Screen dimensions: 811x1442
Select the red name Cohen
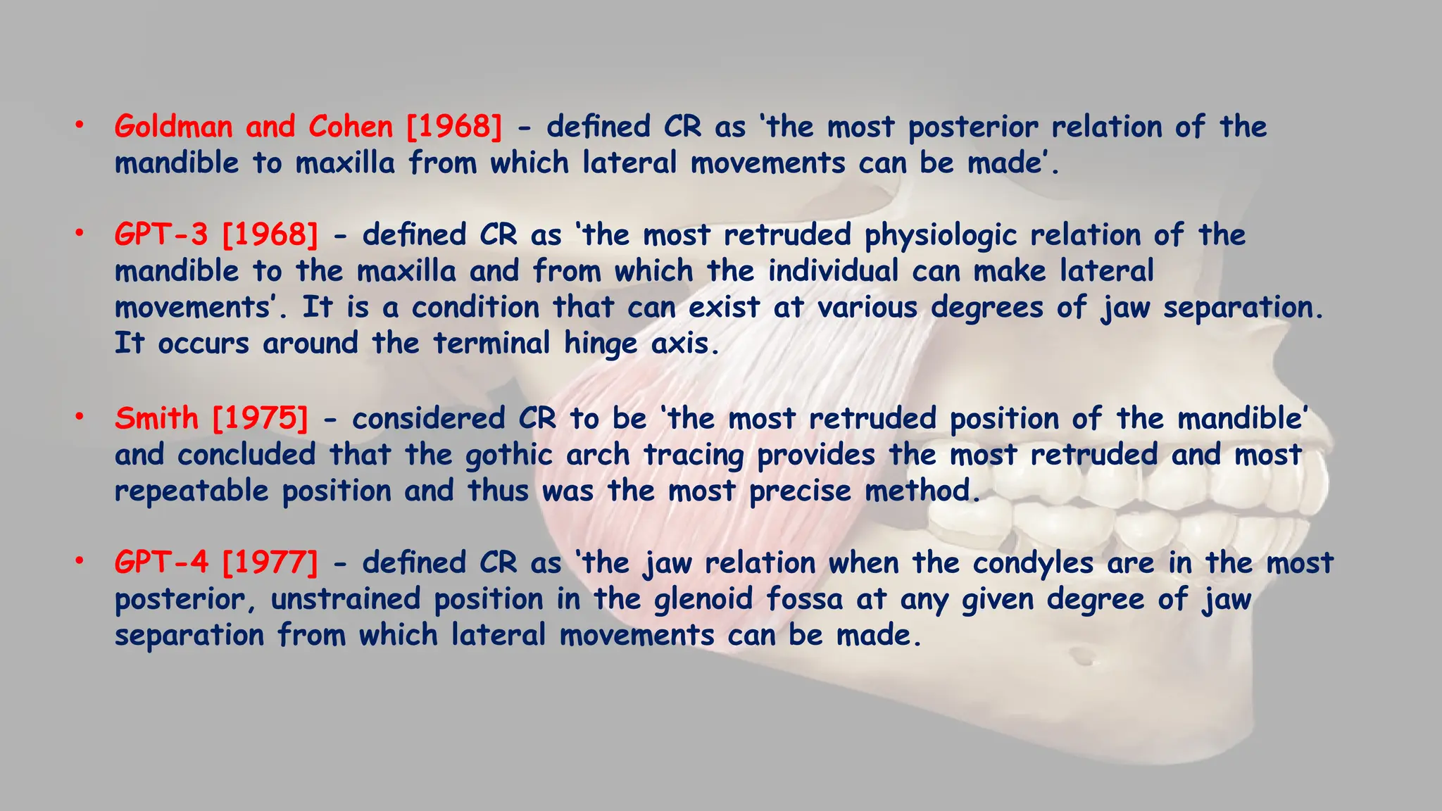coord(350,127)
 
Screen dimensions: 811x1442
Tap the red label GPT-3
coord(161,234)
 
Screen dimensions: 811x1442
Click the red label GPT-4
coord(161,562)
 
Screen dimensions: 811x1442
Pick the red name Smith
coord(156,418)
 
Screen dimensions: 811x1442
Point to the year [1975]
coord(260,418)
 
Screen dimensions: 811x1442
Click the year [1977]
coord(270,562)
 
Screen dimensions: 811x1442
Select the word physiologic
coord(940,236)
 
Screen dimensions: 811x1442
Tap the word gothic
coord(508,455)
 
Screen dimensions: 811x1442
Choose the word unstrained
coord(345,599)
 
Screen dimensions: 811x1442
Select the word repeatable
coord(192,491)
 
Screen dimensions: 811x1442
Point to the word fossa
coord(804,599)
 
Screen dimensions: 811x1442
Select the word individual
coord(833,270)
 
